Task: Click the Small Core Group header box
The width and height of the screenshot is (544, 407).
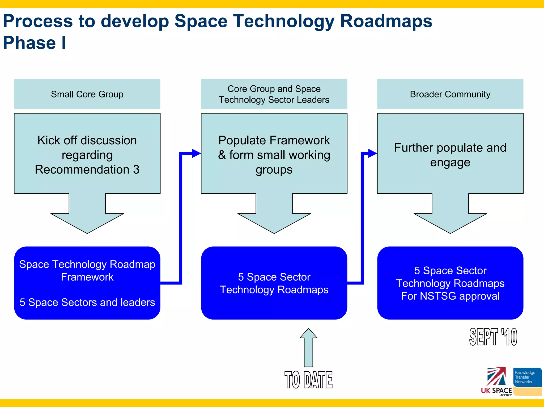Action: coord(87,94)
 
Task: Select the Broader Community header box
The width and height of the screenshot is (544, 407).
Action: coord(450,94)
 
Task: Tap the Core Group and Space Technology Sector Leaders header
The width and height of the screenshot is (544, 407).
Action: coord(274,94)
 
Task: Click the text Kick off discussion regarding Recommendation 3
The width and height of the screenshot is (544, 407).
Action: coord(87,155)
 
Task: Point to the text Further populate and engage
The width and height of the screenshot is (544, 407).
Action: coord(450,155)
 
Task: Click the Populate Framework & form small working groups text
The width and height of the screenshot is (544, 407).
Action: coord(274,155)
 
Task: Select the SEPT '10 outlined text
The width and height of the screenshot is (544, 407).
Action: coord(493,337)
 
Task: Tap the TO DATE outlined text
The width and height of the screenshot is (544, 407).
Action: coord(308,380)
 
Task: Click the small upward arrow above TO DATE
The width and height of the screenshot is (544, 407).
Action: coord(308,347)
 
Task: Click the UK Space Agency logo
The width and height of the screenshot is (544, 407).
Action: coord(496,381)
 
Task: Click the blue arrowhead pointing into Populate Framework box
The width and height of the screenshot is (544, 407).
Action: coord(196,153)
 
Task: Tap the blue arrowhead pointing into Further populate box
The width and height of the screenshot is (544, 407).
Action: coord(372,153)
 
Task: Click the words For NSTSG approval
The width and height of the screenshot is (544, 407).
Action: coord(450,296)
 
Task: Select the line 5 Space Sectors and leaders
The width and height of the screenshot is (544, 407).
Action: coord(87,302)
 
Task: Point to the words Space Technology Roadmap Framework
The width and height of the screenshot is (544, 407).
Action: coord(87,270)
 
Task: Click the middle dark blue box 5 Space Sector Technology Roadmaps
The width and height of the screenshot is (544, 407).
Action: coord(274,283)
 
